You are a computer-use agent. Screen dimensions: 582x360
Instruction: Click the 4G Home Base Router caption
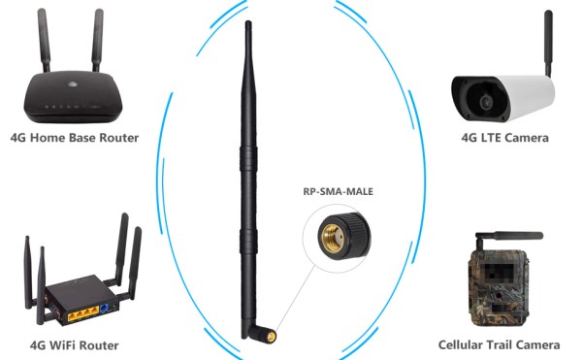coord(74,138)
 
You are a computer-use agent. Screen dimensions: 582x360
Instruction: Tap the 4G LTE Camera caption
coord(504,138)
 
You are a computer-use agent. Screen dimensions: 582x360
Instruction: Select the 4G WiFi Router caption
coord(75,344)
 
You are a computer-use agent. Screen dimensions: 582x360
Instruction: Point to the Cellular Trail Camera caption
coord(499,344)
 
